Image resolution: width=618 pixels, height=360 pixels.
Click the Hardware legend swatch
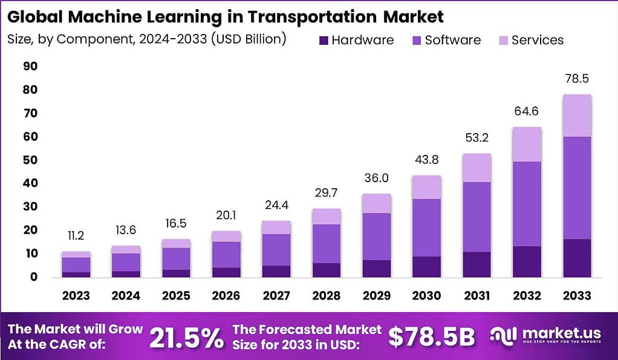(322, 41)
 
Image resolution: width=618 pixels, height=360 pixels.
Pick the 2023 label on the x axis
(76, 296)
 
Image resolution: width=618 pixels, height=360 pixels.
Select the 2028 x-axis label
(326, 296)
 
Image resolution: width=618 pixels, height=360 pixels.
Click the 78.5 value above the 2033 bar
(576, 79)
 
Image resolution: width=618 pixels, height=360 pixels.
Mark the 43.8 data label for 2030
(426, 160)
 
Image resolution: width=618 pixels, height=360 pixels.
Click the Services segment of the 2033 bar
(576, 116)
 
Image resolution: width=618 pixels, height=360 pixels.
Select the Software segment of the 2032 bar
(526, 203)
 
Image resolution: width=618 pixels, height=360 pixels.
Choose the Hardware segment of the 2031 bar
(476, 264)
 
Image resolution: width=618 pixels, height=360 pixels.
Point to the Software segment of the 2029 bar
(376, 236)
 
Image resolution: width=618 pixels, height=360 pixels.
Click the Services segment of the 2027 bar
(276, 227)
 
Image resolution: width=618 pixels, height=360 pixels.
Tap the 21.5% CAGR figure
(186, 338)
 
